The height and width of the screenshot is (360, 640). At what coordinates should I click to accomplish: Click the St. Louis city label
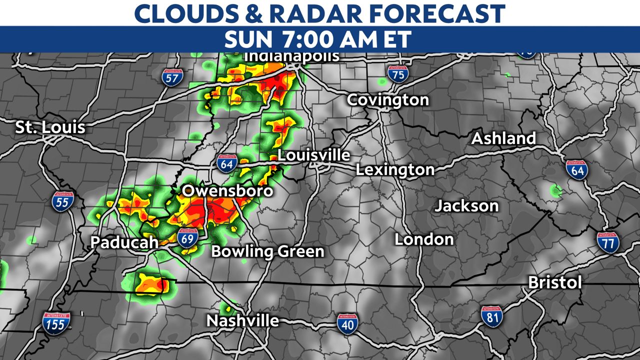coord(50,127)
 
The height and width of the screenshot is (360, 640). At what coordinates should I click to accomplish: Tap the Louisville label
coord(313,155)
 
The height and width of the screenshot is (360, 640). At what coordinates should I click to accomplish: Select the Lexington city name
coord(395,170)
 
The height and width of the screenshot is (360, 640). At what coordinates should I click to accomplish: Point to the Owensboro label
coord(227,191)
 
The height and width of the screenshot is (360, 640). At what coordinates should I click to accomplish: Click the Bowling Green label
coord(267,251)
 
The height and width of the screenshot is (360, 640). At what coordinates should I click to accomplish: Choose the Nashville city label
coord(242,320)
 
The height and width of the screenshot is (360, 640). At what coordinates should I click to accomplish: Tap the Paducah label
coord(124,242)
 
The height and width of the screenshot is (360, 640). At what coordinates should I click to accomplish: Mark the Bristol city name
coord(555,283)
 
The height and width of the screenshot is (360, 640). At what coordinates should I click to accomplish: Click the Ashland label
coord(503,138)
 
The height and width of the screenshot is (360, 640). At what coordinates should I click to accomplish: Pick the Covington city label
coord(388,100)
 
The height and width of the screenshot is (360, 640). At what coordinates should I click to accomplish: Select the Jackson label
coord(466,205)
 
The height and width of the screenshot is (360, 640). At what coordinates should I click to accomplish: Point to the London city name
coord(424,239)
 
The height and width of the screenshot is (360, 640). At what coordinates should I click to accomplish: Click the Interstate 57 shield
coord(172,76)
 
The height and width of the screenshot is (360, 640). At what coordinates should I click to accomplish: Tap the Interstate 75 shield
coord(397,74)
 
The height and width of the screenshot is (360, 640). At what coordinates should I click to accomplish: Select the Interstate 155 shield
coord(56,323)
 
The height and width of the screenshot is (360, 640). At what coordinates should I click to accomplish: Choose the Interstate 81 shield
coord(492,316)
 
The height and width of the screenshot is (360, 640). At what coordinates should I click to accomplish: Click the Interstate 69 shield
coord(187,238)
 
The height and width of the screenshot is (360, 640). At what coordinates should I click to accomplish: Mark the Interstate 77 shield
coord(607,242)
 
